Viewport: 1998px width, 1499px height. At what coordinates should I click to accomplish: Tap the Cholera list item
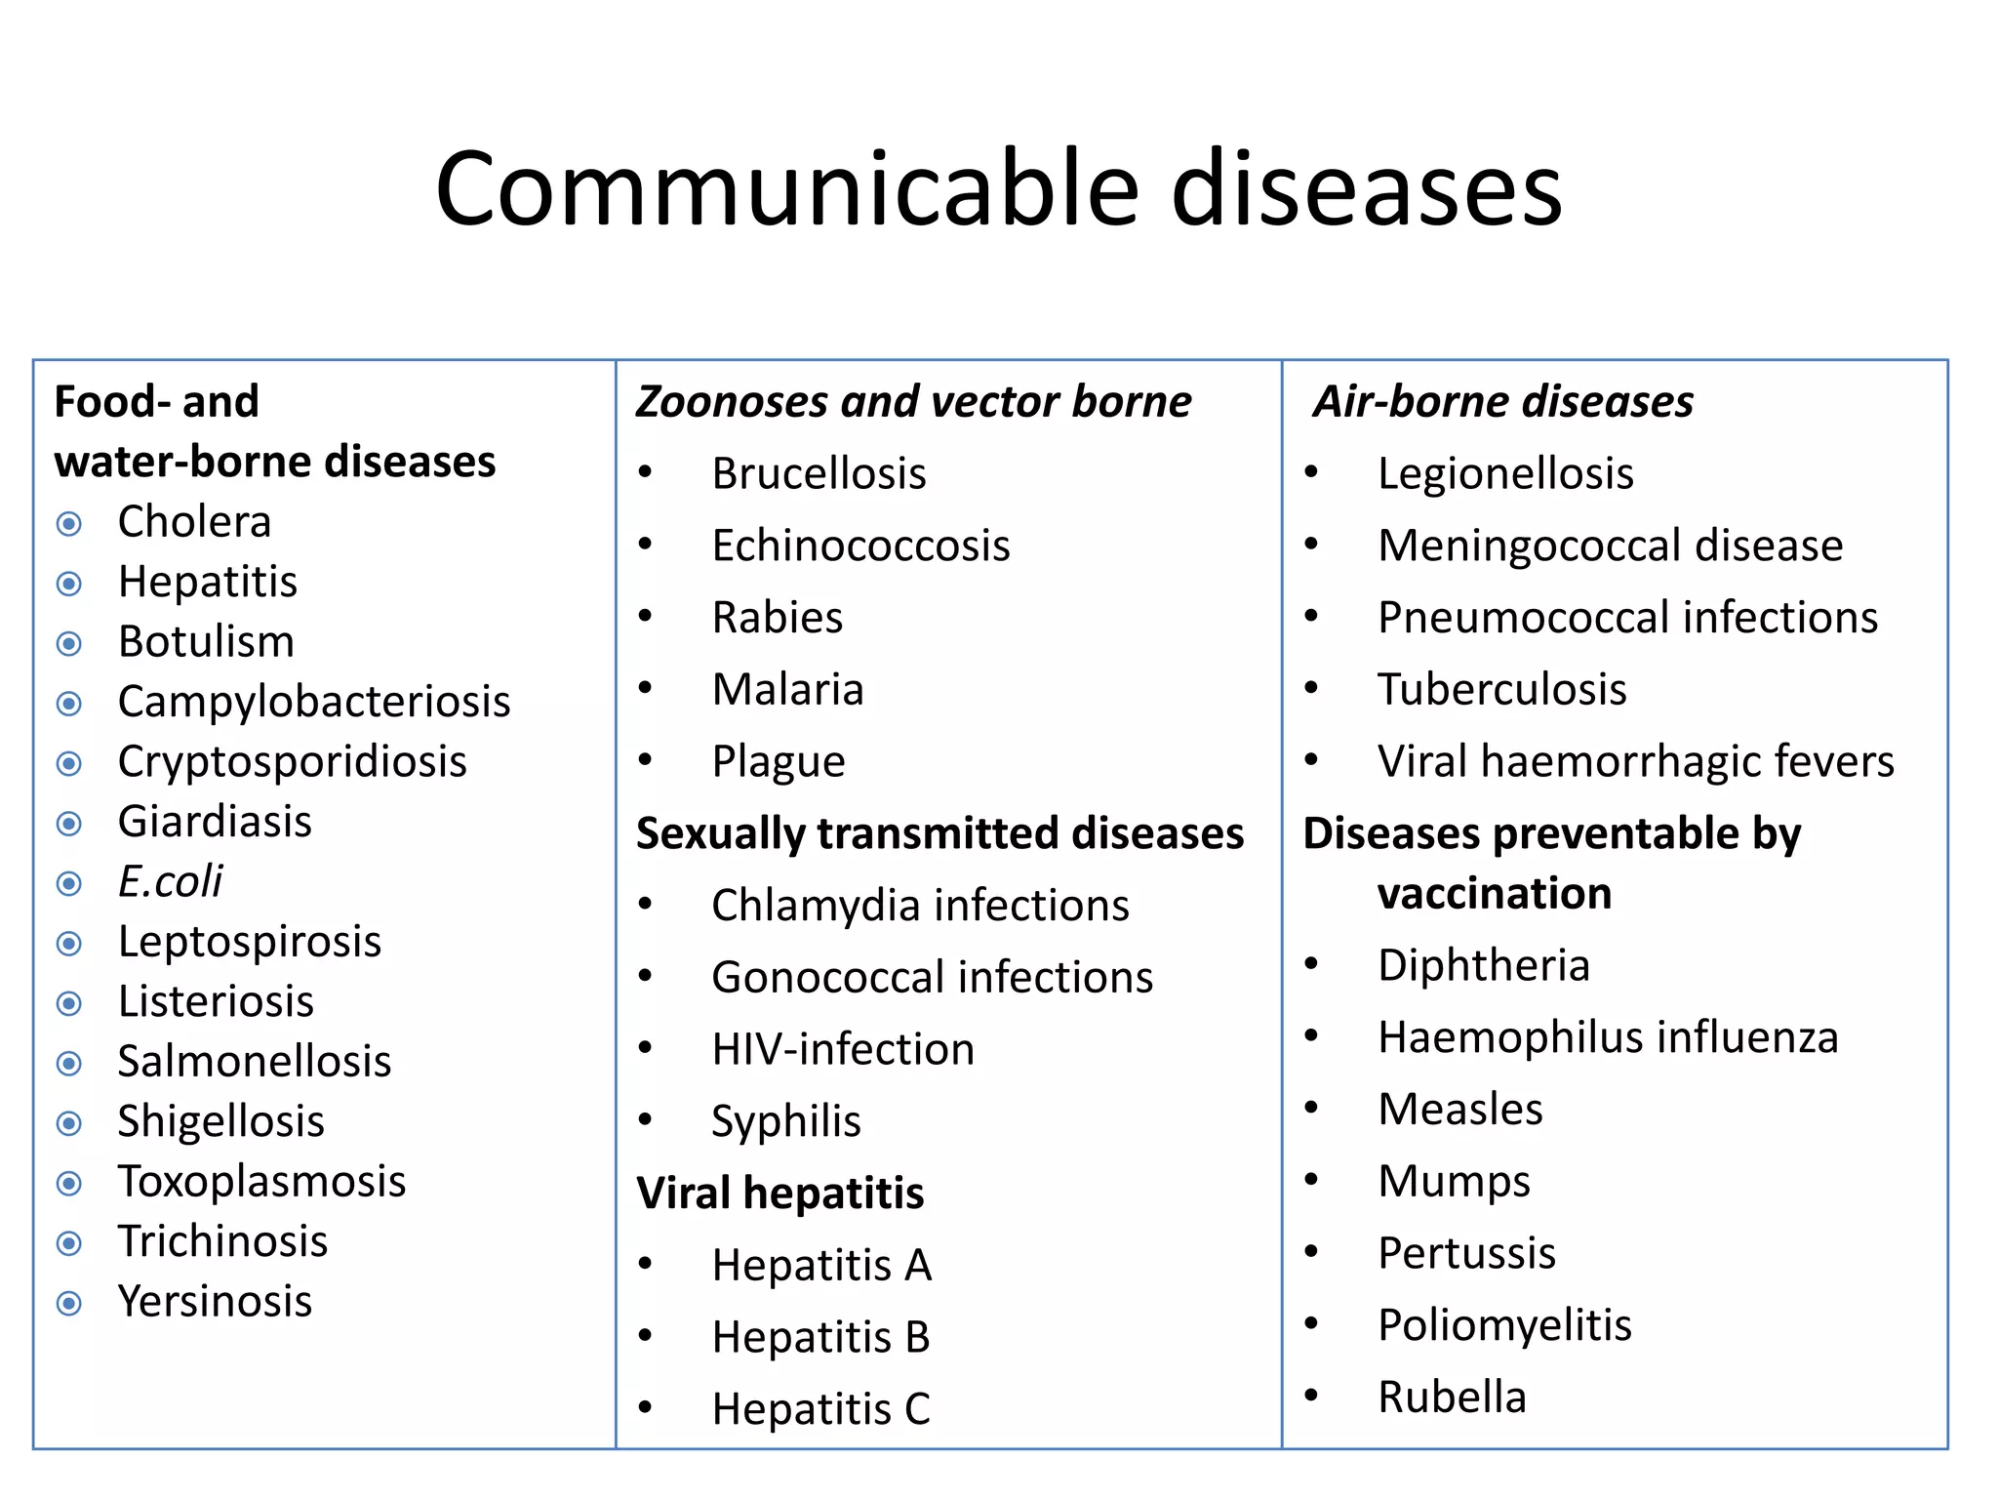pos(194,522)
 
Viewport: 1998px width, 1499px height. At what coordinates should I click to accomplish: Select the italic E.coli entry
pos(170,881)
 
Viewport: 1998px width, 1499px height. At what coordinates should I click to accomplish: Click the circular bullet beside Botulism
pos(69,644)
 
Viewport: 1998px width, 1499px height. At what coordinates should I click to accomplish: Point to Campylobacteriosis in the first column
pos(314,702)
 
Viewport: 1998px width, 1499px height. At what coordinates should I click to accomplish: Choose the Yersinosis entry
pos(215,1302)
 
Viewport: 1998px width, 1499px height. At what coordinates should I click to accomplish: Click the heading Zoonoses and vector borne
pos(913,402)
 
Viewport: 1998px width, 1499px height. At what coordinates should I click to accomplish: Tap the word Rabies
pos(778,618)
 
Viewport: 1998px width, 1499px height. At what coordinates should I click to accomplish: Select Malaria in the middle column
pos(787,690)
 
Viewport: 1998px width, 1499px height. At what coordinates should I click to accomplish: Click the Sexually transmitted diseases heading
pos(939,833)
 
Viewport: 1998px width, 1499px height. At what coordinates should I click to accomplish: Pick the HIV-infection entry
pos(843,1050)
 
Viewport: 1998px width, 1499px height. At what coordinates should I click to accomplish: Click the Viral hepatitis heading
pos(779,1194)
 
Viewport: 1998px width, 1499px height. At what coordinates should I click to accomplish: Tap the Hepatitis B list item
pos(820,1338)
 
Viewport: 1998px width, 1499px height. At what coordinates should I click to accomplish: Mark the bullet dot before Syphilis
pos(645,1120)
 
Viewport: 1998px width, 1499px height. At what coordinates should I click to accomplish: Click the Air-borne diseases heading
pos(1503,402)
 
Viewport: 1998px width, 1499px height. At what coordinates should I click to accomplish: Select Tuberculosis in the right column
pos(1501,690)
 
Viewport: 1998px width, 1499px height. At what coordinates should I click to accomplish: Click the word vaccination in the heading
pos(1494,894)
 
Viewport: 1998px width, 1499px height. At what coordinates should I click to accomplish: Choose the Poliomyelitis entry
pos(1504,1325)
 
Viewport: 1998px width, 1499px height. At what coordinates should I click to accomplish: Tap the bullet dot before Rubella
pos(1311,1396)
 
